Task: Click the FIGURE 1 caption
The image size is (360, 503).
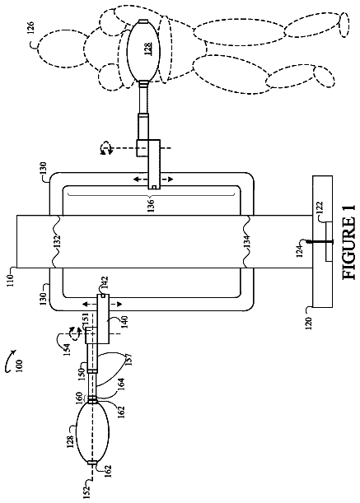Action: click(348, 242)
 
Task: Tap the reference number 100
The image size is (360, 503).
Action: click(20, 365)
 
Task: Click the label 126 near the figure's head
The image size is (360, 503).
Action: click(34, 27)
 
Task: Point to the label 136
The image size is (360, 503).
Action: click(151, 205)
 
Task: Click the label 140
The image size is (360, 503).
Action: click(124, 322)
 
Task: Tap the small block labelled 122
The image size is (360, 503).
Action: click(329, 242)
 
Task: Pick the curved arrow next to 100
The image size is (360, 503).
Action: click(11, 361)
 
